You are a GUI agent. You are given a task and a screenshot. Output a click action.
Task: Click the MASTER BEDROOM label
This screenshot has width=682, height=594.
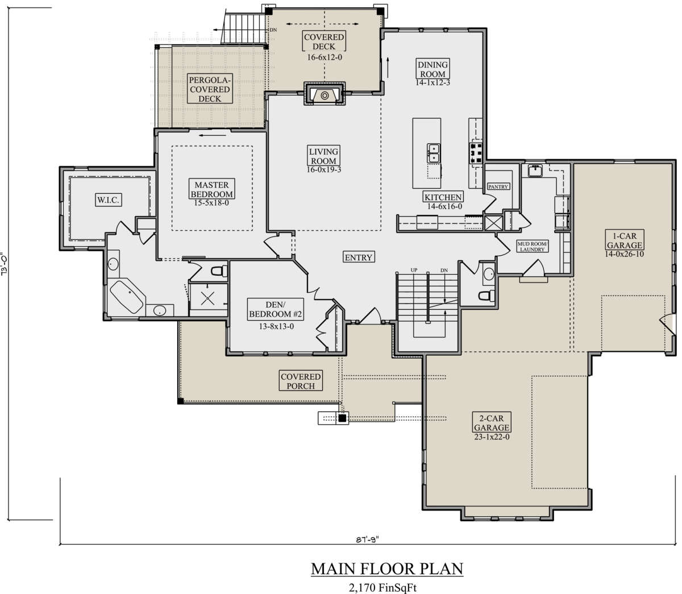(x=211, y=189)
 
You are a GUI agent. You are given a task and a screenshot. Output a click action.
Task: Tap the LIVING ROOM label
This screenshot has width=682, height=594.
(x=323, y=156)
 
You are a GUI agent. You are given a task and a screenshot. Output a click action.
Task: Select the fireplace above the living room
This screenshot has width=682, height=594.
(x=325, y=94)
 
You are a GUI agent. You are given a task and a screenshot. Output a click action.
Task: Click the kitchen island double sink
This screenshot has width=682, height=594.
(x=434, y=153)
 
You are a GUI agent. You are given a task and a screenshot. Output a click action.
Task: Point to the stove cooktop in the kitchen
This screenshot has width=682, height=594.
(x=476, y=153)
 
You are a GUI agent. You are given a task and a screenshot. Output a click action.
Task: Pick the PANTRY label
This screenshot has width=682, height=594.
(x=498, y=186)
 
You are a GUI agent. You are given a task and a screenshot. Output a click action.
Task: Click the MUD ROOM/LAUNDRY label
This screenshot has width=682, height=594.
(x=532, y=246)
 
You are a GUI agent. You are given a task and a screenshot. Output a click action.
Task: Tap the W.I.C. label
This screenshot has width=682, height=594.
(x=108, y=200)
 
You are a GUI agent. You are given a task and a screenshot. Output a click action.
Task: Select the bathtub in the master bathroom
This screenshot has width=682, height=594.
(x=126, y=297)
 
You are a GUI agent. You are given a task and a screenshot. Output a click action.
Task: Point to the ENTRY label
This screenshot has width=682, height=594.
(x=358, y=257)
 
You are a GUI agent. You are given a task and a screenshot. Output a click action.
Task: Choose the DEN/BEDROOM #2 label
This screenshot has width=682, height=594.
(x=275, y=309)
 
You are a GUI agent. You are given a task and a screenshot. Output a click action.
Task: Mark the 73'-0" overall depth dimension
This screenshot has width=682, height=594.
(x=5, y=263)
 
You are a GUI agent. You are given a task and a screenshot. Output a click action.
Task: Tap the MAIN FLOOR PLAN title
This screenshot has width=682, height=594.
(x=387, y=568)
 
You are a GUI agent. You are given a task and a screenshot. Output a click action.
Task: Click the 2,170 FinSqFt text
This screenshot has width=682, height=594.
(x=382, y=587)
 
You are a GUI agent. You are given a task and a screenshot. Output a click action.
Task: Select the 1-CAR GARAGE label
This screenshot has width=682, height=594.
(x=625, y=240)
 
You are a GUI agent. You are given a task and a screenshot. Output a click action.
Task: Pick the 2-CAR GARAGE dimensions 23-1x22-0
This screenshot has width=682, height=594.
(x=492, y=437)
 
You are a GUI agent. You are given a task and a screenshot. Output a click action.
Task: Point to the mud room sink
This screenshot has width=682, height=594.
(x=535, y=171)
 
